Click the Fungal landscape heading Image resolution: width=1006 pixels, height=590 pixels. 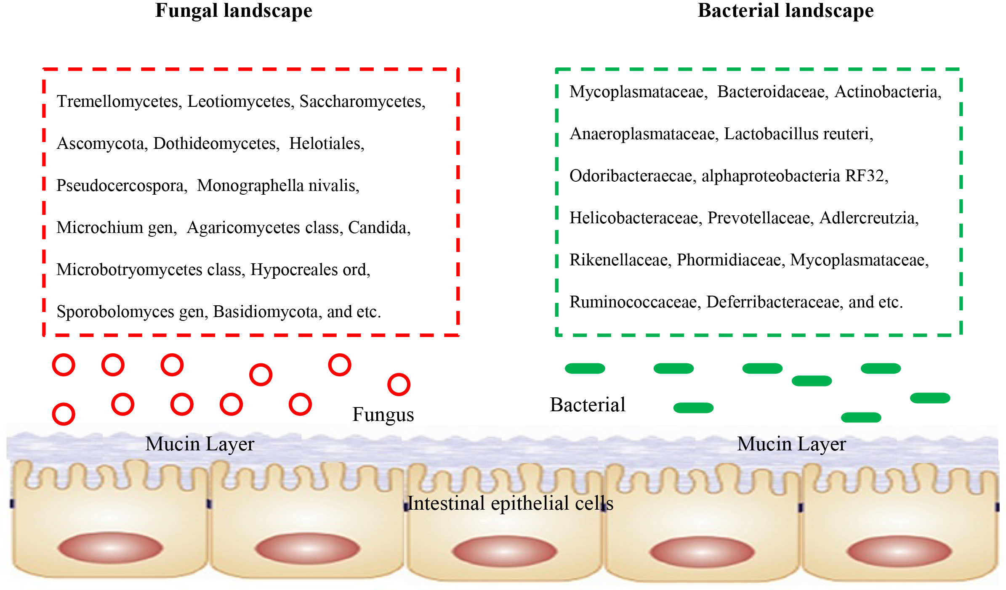(x=234, y=11)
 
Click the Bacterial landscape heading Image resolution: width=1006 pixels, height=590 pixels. (x=785, y=11)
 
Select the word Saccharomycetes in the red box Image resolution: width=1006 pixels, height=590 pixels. (x=362, y=102)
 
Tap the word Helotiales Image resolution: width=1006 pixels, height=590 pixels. (x=326, y=144)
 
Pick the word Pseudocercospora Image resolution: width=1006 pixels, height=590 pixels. (x=122, y=186)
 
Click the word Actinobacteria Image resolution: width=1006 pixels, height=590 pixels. (x=887, y=92)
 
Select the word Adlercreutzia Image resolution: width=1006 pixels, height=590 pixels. (x=868, y=218)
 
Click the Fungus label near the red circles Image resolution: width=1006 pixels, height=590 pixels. (x=383, y=415)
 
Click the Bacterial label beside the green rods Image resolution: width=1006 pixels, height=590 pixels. (x=588, y=405)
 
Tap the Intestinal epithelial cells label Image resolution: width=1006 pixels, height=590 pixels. (x=510, y=503)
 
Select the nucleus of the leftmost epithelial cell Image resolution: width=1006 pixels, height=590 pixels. (x=111, y=548)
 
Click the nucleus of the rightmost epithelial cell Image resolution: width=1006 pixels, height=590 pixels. (x=899, y=551)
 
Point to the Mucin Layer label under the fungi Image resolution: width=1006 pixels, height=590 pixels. (x=200, y=444)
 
